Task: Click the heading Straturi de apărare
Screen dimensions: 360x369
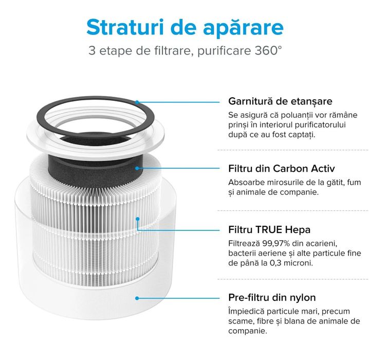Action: click(x=184, y=27)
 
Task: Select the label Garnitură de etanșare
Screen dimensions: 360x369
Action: click(x=280, y=101)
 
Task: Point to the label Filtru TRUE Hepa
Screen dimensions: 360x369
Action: click(x=269, y=229)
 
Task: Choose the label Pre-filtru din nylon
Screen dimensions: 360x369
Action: click(x=272, y=298)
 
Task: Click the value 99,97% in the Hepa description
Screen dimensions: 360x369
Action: click(x=275, y=243)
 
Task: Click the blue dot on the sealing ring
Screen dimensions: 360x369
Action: click(x=137, y=102)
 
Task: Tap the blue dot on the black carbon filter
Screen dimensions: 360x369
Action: click(x=137, y=168)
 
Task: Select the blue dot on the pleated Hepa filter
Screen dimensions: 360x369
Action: click(x=137, y=219)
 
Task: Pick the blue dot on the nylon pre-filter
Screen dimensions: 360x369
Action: click(x=137, y=297)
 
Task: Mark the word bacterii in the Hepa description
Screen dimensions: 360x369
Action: click(x=243, y=253)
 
